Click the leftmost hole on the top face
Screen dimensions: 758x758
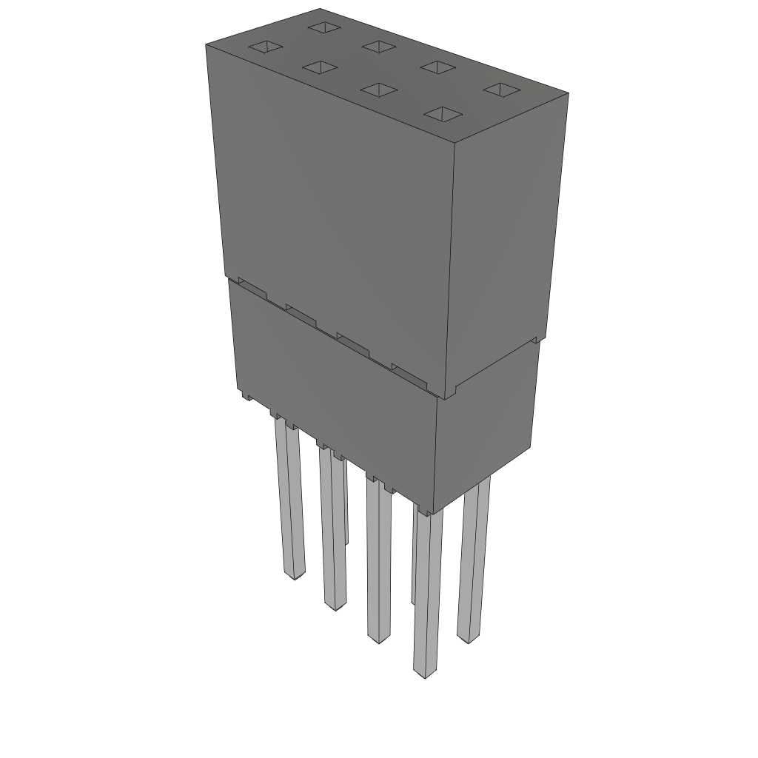[x=265, y=48]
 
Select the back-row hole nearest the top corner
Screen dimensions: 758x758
[x=323, y=27]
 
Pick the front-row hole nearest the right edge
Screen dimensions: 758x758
[x=443, y=114]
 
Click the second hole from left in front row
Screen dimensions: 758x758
[x=320, y=68]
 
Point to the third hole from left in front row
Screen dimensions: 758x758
[x=379, y=90]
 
